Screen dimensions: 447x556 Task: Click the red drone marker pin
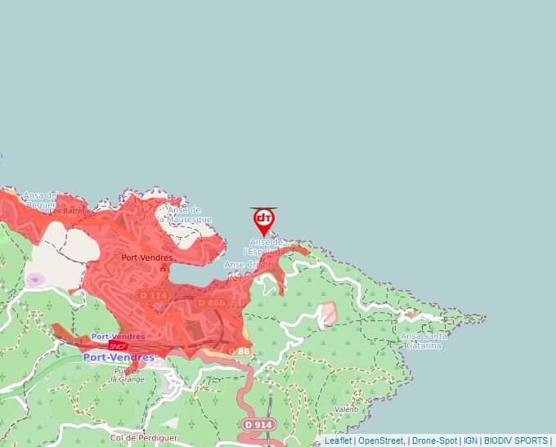(x=263, y=221)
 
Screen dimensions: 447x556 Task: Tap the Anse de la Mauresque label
(x=184, y=215)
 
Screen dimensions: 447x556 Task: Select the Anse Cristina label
(x=251, y=265)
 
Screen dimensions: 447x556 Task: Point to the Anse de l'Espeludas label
(x=267, y=247)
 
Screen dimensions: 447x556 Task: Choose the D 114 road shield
(x=153, y=295)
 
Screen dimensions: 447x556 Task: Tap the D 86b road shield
(x=211, y=302)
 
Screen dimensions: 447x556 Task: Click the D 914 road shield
(x=258, y=425)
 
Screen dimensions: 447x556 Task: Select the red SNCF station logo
(x=118, y=346)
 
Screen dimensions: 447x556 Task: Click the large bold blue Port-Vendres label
(x=119, y=358)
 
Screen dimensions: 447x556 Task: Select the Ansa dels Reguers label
(x=40, y=199)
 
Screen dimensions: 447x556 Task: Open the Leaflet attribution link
(x=338, y=440)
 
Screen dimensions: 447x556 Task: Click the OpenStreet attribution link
(x=380, y=440)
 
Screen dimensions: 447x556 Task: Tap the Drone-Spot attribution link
(x=434, y=440)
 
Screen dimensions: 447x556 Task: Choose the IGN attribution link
(x=470, y=440)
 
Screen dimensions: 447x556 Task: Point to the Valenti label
(x=347, y=409)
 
